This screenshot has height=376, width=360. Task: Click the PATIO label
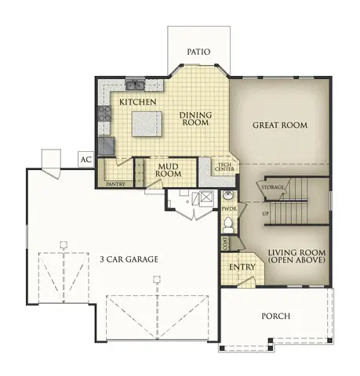coord(198,52)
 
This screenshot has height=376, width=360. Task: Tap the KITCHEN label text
coord(138,102)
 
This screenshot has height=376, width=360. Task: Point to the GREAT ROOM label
coord(279,125)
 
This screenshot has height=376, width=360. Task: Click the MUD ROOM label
coord(166,170)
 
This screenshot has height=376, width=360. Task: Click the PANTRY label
coord(116,184)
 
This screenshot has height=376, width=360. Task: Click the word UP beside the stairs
coord(266,213)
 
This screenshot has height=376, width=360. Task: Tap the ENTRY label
coord(241,268)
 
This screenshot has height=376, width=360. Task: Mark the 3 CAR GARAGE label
coord(129,258)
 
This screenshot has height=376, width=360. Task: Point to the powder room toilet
coord(228,226)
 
